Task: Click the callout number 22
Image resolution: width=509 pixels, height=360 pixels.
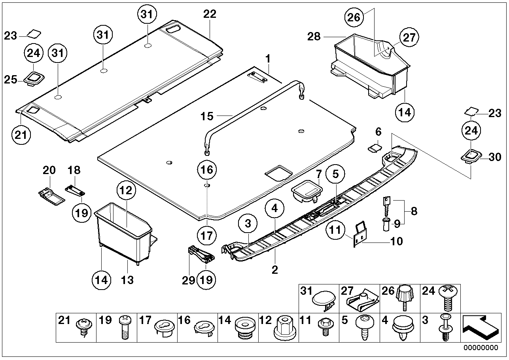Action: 210,14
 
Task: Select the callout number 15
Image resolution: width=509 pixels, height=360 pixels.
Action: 207,116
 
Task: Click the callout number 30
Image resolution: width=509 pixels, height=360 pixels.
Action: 495,157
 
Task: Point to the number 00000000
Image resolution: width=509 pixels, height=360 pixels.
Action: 481,348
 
